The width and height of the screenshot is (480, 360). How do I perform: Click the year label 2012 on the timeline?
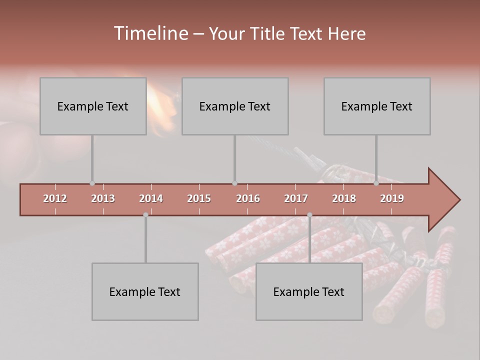(55, 198)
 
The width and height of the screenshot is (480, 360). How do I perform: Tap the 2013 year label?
(103, 198)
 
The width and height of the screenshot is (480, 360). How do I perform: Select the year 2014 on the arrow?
(151, 198)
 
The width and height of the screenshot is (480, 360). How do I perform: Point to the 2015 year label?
(199, 198)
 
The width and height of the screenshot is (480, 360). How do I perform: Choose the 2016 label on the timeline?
(248, 198)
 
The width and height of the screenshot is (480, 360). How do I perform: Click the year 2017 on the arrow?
(296, 198)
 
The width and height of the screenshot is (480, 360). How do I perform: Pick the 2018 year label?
(344, 198)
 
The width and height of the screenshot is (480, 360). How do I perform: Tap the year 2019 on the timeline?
(392, 198)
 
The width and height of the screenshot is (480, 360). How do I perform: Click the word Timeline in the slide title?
(150, 33)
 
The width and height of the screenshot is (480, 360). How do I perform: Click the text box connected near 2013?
(93, 106)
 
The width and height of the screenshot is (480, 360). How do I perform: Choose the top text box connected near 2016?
(235, 106)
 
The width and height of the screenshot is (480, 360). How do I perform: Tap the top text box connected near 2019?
(377, 106)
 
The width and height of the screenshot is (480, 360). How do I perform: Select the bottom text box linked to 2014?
(145, 291)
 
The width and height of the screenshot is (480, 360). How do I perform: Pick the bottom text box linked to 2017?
(309, 291)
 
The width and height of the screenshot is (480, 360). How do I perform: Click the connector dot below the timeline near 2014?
(145, 215)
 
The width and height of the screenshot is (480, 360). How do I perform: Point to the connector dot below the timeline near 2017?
(309, 215)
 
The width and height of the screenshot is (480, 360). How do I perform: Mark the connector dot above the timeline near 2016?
(234, 183)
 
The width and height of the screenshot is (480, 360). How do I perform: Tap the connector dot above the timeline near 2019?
(376, 183)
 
